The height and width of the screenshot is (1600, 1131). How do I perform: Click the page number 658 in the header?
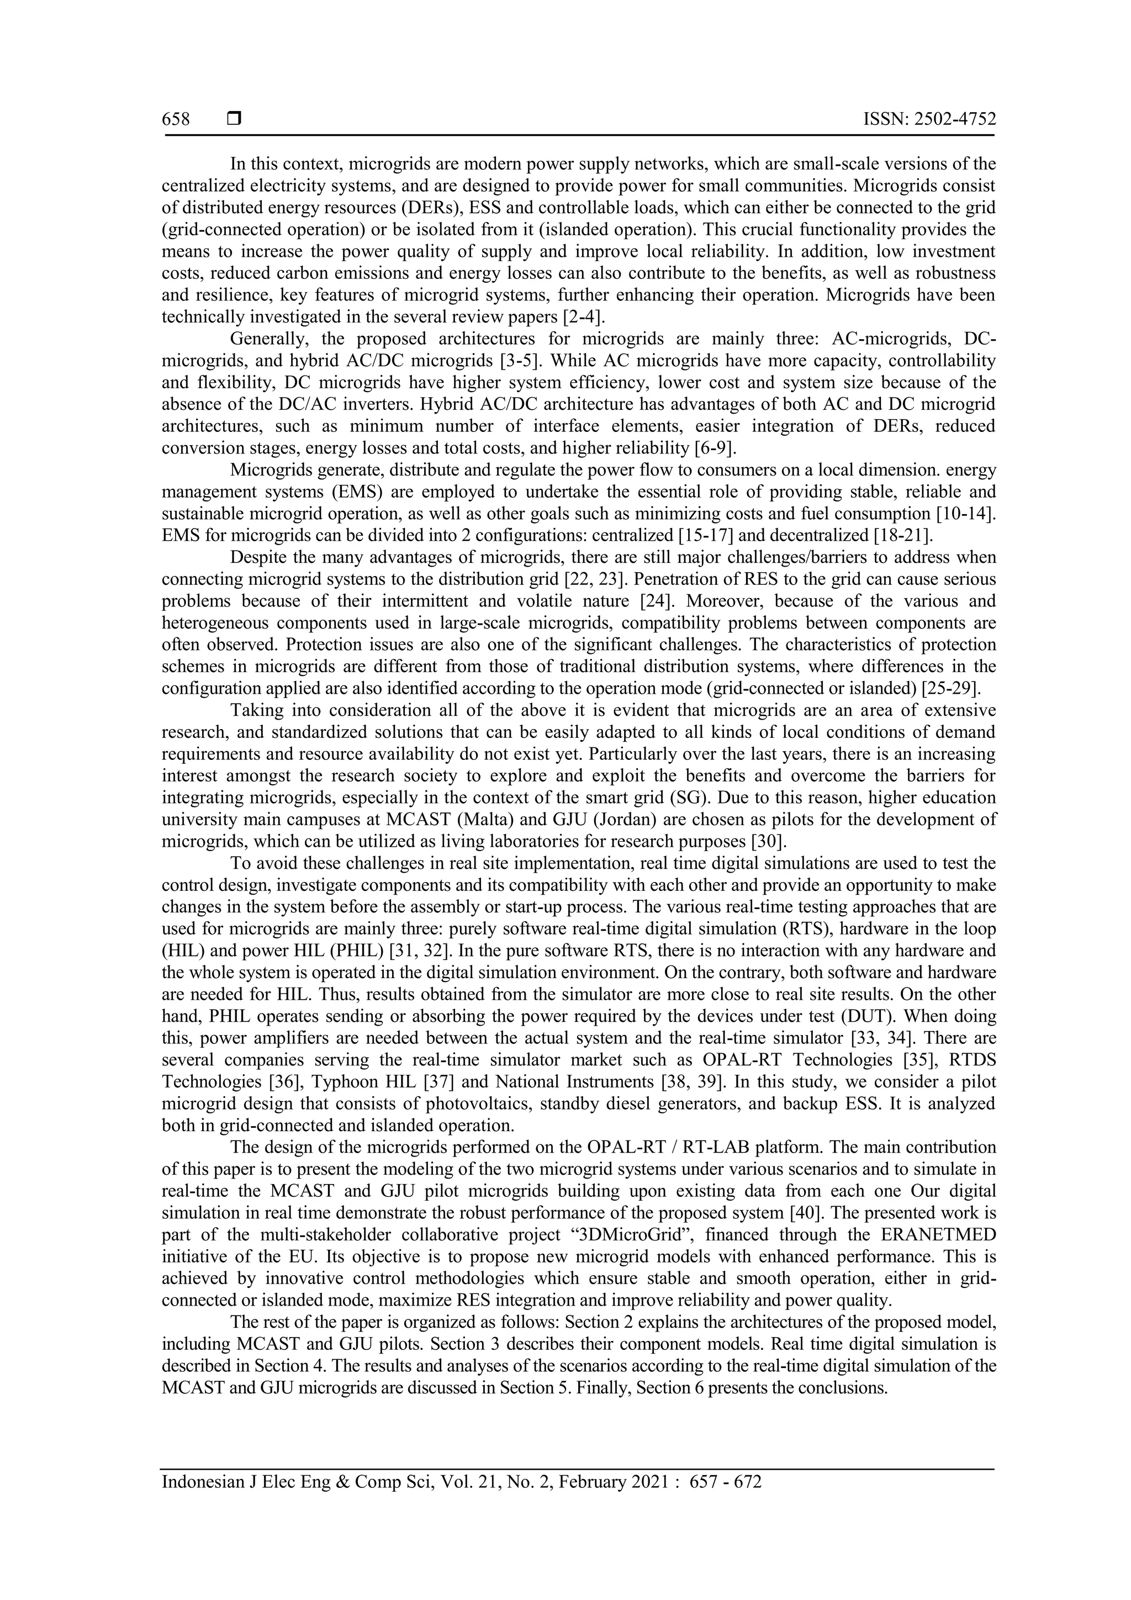click(x=176, y=119)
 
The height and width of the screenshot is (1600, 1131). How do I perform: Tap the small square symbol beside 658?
click(x=234, y=119)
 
